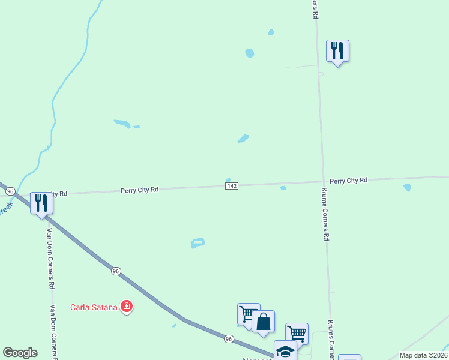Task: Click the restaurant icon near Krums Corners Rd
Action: tap(337, 51)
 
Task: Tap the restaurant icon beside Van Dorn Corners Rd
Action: tap(41, 203)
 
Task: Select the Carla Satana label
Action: tap(93, 308)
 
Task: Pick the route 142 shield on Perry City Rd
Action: tap(232, 186)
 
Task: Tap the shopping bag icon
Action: tap(263, 322)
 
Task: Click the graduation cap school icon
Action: tap(285, 351)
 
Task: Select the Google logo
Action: tap(20, 353)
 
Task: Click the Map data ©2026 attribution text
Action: tap(423, 355)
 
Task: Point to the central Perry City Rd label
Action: tap(139, 190)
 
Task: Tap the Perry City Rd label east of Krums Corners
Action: tap(348, 180)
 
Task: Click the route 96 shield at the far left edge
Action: tap(10, 191)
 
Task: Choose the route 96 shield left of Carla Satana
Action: tap(116, 271)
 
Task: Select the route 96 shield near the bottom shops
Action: tap(229, 339)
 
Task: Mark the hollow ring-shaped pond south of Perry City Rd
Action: tap(197, 243)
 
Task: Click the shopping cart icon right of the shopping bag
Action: tap(297, 332)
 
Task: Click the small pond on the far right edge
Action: tap(408, 188)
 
